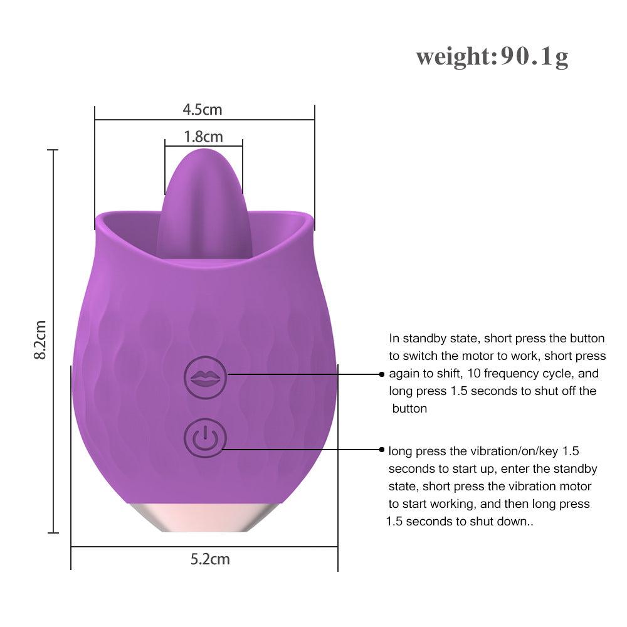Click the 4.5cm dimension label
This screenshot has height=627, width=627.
(203, 110)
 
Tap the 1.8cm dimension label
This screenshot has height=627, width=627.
(203, 136)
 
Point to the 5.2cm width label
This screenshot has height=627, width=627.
(210, 559)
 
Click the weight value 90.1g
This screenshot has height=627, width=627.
(534, 57)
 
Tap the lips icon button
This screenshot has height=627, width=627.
(205, 377)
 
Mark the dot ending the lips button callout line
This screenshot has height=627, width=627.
(381, 374)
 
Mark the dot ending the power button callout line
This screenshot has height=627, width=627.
(381, 450)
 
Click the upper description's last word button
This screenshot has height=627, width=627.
(409, 409)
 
